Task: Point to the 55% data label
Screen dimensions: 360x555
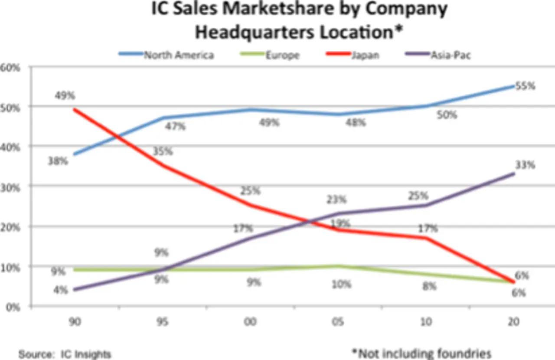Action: [526, 86]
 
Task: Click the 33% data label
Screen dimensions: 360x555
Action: [526, 165]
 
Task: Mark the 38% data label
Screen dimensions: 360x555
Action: [58, 161]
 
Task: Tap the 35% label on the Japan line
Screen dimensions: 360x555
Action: [163, 152]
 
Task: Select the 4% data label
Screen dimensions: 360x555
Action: [60, 290]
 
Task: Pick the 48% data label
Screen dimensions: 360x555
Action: [356, 123]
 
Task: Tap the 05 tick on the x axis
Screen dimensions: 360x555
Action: [339, 322]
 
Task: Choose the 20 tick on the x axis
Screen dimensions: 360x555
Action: [514, 322]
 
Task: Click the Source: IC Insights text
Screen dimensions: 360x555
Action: [65, 354]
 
